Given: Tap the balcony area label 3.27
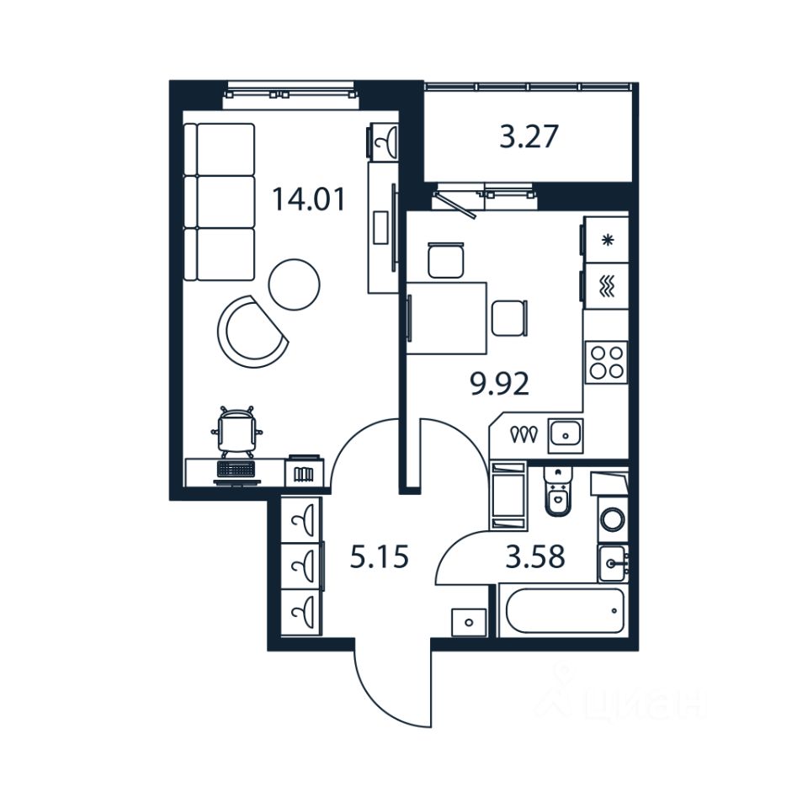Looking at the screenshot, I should click(529, 136).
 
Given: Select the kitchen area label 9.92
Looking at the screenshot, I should click(499, 385).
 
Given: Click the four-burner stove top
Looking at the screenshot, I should click(606, 362).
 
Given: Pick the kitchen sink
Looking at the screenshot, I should click(566, 435).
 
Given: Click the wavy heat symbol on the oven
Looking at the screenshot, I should click(608, 288).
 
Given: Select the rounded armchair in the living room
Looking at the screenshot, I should click(250, 331).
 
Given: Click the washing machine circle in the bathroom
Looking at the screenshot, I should click(612, 519).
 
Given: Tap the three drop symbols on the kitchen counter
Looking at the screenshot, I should click(524, 434).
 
